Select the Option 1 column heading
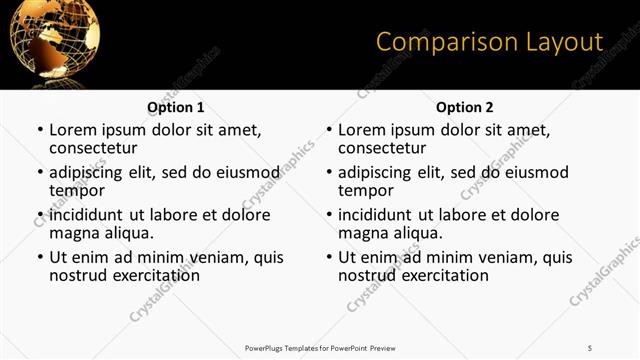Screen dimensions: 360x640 [176, 107]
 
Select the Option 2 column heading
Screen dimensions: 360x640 [465, 107]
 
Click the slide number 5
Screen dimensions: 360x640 [590, 347]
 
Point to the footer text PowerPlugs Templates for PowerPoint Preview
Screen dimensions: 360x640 [320, 347]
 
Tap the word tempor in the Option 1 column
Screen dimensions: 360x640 [77, 190]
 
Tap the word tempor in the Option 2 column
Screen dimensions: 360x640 [366, 190]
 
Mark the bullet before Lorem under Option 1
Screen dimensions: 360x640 [40, 130]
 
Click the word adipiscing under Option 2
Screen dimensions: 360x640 [378, 172]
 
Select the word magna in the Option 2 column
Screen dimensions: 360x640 [362, 233]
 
